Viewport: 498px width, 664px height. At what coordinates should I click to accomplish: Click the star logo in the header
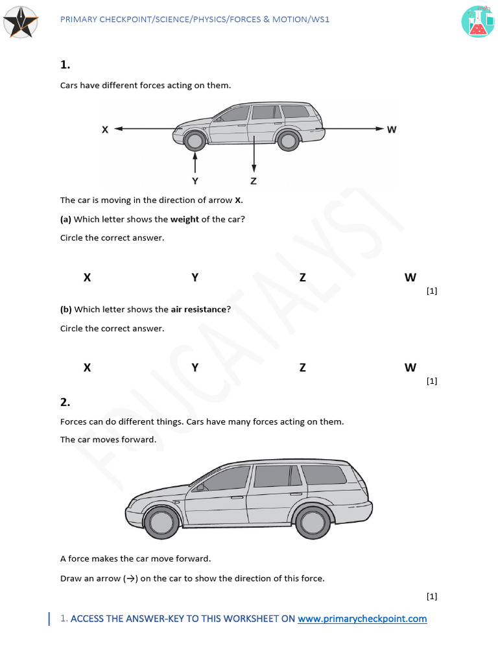pyautogui.click(x=21, y=21)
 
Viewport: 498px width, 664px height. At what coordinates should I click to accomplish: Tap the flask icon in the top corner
pyautogui.click(x=478, y=21)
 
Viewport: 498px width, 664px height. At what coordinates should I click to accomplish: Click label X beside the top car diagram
pyautogui.click(x=105, y=130)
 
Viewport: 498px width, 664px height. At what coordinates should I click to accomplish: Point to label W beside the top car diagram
pyautogui.click(x=392, y=130)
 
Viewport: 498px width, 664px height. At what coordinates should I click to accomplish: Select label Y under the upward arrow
pyautogui.click(x=195, y=181)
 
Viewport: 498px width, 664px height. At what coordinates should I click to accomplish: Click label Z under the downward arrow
pyautogui.click(x=254, y=181)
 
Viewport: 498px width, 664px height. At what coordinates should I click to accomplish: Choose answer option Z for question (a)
pyautogui.click(x=303, y=278)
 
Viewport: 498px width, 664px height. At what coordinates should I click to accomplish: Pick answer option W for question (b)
pyautogui.click(x=410, y=368)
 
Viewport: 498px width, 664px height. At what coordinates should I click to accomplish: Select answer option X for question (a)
pyautogui.click(x=87, y=278)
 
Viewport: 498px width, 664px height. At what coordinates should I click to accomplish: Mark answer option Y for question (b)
pyautogui.click(x=195, y=368)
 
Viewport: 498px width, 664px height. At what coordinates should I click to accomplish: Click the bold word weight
pyautogui.click(x=185, y=219)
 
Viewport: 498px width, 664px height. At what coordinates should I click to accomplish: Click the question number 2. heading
pyautogui.click(x=65, y=402)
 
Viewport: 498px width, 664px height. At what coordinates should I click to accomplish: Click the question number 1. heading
pyautogui.click(x=65, y=65)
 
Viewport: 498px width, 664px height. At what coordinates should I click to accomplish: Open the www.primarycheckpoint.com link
pyautogui.click(x=362, y=619)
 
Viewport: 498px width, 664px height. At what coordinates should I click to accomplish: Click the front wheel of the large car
pyautogui.click(x=161, y=522)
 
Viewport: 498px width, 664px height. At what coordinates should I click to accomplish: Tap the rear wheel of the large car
pyautogui.click(x=313, y=522)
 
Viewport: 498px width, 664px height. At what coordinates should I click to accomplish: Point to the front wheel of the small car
pyautogui.click(x=194, y=139)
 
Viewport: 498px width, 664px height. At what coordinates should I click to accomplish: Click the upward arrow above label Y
pyautogui.click(x=195, y=161)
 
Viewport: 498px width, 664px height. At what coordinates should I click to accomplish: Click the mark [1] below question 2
pyautogui.click(x=432, y=596)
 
